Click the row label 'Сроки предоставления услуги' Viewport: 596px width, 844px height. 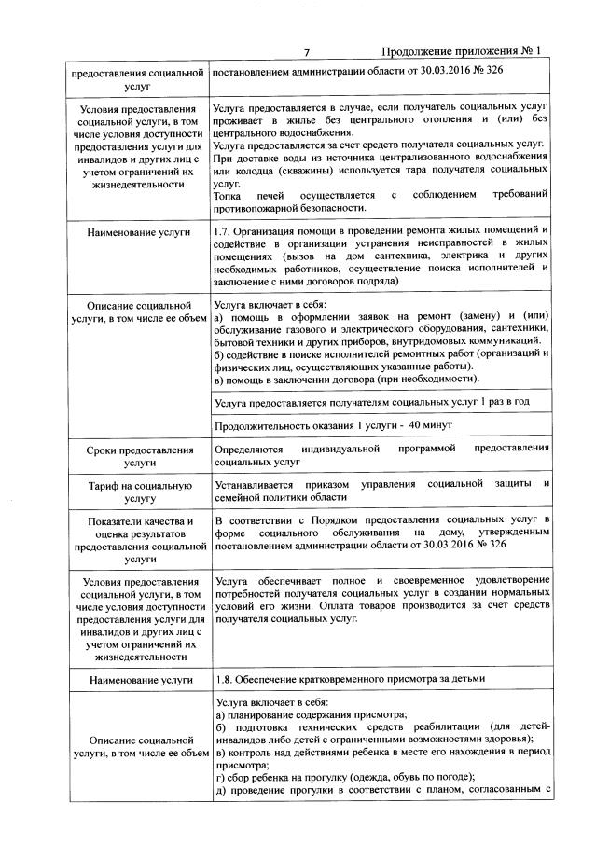(139, 454)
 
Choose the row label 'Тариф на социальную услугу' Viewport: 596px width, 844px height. (139, 491)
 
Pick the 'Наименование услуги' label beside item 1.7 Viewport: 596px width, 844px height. (139, 230)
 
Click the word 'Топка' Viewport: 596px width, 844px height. (229, 195)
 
